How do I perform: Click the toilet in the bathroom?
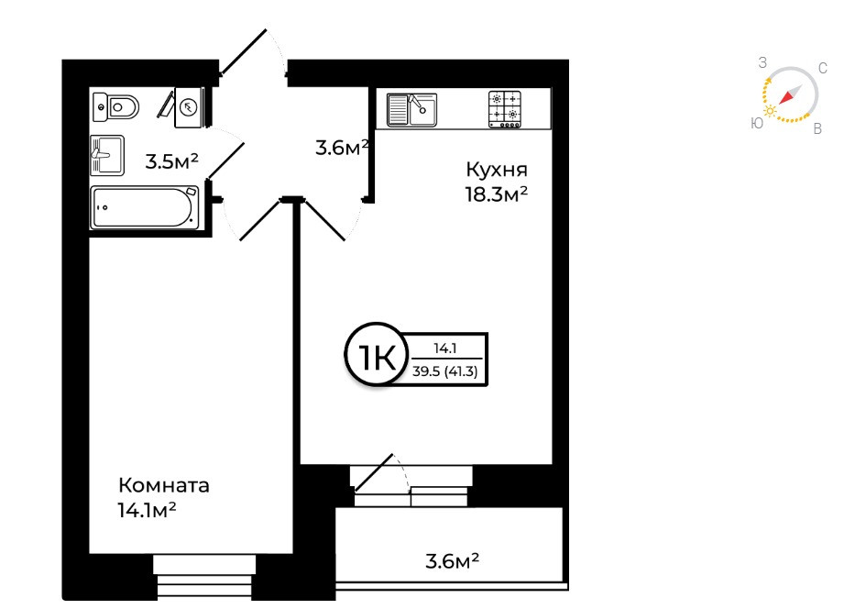pos(117,107)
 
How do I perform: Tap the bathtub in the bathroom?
pos(145,207)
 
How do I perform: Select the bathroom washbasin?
pos(107,155)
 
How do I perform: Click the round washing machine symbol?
pos(189,106)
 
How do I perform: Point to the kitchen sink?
pos(411,109)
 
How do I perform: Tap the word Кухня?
pos(497,170)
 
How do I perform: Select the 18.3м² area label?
pos(498,194)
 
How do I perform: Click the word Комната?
pos(165,485)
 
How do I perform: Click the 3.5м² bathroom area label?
pos(171,162)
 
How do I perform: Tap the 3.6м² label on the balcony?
pos(453,559)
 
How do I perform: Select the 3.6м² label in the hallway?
pos(341,147)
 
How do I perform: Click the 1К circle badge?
pos(374,359)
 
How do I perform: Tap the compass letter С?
pos(822,69)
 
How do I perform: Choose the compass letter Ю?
pos(756,123)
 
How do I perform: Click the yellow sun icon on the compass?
pos(771,110)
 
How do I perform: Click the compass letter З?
pos(762,62)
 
